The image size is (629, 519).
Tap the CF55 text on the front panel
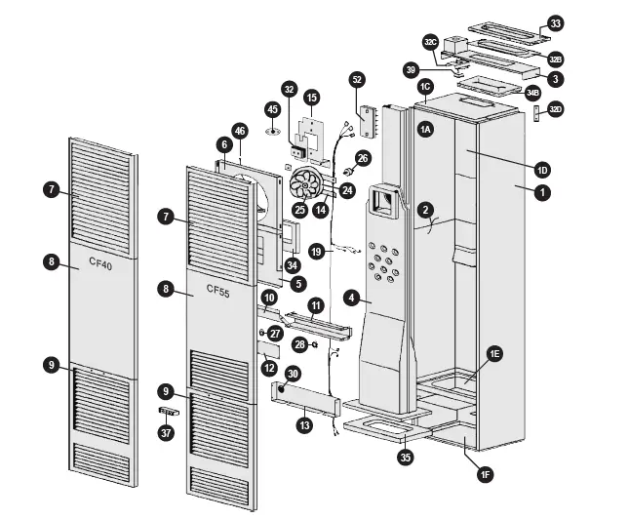pyautogui.click(x=219, y=288)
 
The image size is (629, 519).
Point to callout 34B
pyautogui.click(x=532, y=93)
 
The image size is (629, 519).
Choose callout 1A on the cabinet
pyautogui.click(x=426, y=129)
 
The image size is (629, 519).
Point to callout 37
pyautogui.click(x=165, y=432)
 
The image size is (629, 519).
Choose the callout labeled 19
pyautogui.click(x=315, y=251)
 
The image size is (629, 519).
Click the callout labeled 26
pyautogui.click(x=363, y=157)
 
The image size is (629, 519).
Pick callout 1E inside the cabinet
pyautogui.click(x=495, y=354)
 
